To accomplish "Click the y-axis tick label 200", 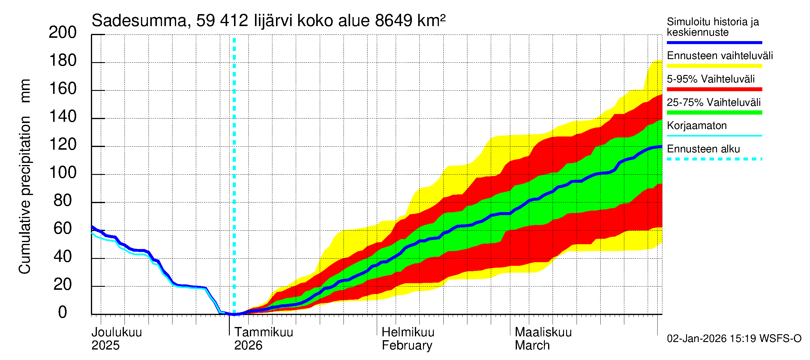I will tap(63, 32).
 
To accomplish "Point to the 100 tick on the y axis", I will tap(63, 172).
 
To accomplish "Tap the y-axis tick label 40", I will tap(63, 256).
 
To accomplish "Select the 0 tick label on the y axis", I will tap(63, 312).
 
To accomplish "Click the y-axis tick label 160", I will tap(63, 89).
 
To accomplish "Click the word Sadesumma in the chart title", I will tap(139, 21).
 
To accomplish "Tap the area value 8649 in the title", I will tap(393, 21).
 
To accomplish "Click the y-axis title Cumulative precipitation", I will tap(25, 195).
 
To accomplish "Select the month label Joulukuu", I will tap(117, 332).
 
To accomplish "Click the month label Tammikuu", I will tap(263, 332).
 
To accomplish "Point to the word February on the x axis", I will tap(407, 346).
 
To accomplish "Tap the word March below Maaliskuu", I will tap(532, 346).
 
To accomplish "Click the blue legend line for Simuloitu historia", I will tap(714, 42).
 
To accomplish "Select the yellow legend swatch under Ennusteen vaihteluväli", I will tap(714, 66).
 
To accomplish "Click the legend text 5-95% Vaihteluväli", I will tap(710, 79).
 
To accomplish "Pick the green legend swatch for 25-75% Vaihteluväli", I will tap(714, 112).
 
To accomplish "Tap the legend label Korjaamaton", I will tap(697, 126).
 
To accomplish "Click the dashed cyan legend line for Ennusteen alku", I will tap(714, 159).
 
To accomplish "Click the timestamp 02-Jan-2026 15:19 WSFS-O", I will tap(734, 339).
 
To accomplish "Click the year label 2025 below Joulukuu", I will tap(105, 346).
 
